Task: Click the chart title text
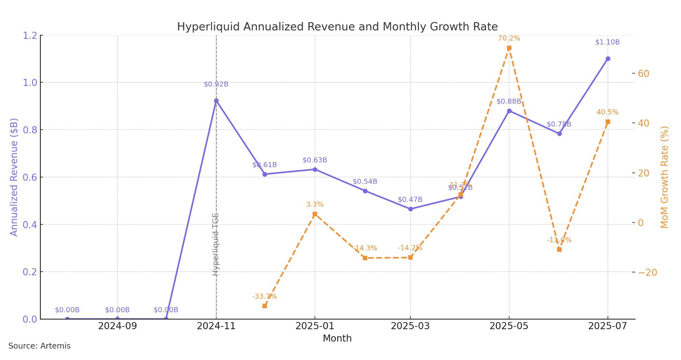pyautogui.click(x=337, y=27)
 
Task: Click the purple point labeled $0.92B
pyautogui.click(x=216, y=101)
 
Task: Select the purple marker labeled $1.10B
pyautogui.click(x=608, y=59)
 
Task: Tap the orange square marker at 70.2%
pyautogui.click(x=509, y=48)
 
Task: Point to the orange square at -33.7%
pyautogui.click(x=265, y=306)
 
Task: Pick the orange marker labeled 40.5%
pyautogui.click(x=608, y=122)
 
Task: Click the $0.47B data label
pyautogui.click(x=410, y=200)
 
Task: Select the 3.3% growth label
pyautogui.click(x=315, y=204)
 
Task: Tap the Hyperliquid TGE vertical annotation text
pyautogui.click(x=216, y=244)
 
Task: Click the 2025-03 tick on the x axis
pyautogui.click(x=410, y=326)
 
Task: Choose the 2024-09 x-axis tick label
pyautogui.click(x=117, y=326)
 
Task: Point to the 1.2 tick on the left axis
pyautogui.click(x=29, y=36)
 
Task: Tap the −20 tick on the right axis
pyautogui.click(x=647, y=273)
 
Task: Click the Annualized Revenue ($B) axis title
pyautogui.click(x=14, y=177)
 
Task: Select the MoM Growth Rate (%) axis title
pyautogui.click(x=664, y=177)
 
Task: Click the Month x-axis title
pyautogui.click(x=337, y=338)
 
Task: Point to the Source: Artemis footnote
pyautogui.click(x=40, y=346)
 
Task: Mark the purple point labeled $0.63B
pyautogui.click(x=315, y=170)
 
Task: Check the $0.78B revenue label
pyautogui.click(x=559, y=124)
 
